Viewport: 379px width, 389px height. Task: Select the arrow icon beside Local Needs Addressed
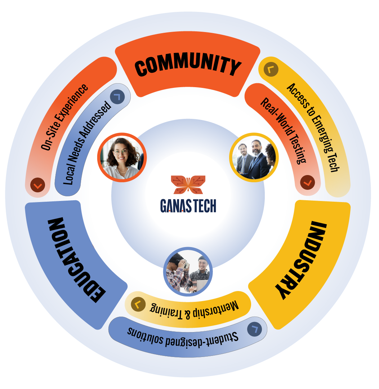click(x=117, y=97)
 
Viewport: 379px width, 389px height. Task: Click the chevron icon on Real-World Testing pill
click(x=307, y=183)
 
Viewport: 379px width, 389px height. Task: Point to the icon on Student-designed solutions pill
click(x=255, y=329)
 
